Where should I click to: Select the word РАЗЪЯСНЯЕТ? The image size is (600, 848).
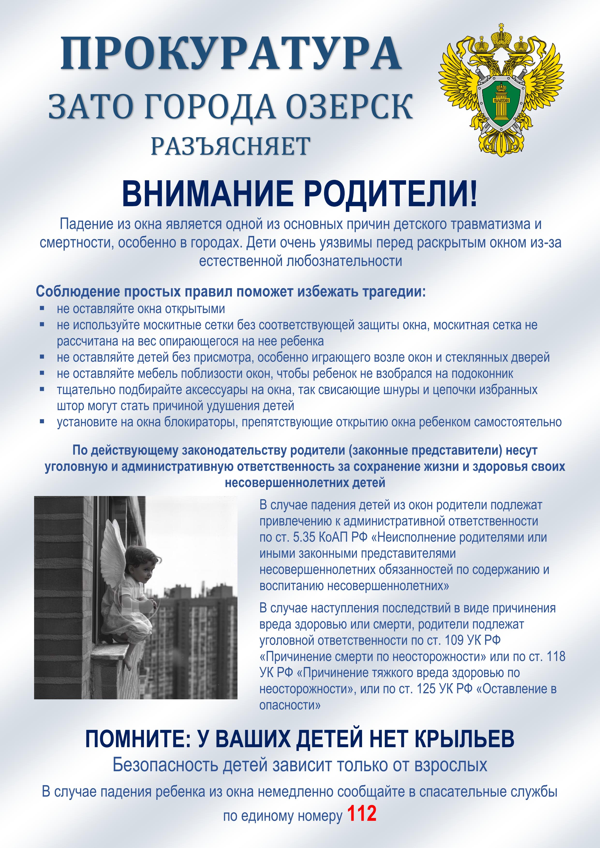click(230, 146)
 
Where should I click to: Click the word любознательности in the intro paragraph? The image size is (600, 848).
click(344, 261)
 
